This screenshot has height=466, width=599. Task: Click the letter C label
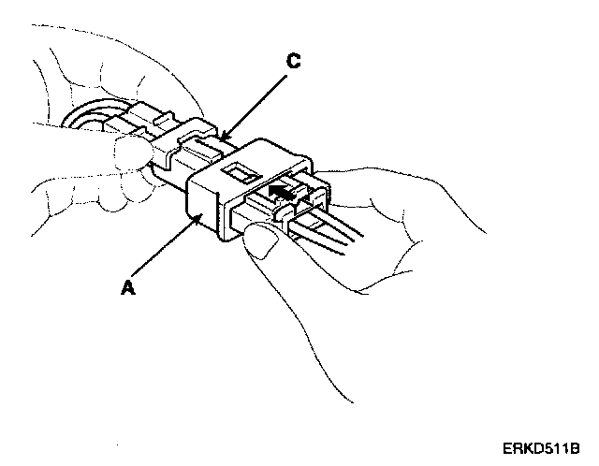[293, 63]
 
